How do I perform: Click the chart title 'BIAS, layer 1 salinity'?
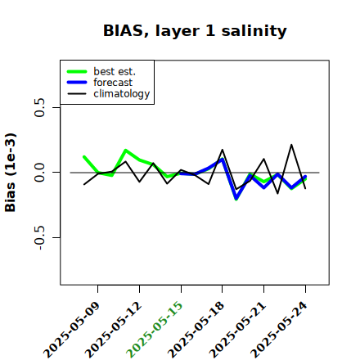click(x=195, y=31)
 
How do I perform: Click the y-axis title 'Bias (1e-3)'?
click(x=11, y=173)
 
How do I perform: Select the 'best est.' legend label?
click(x=115, y=71)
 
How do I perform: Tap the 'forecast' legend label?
click(x=113, y=83)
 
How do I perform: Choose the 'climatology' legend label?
click(x=122, y=94)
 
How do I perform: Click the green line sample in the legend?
click(x=77, y=71)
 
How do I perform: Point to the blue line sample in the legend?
click(x=77, y=83)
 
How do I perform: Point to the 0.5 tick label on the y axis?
click(x=40, y=107)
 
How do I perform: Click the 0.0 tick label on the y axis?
click(x=40, y=173)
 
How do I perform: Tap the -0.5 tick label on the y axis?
click(x=40, y=238)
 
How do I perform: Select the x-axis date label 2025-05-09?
click(x=71, y=330)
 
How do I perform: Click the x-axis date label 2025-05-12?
click(x=113, y=330)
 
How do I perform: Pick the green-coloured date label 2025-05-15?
click(x=155, y=330)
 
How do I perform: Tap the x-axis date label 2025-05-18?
click(x=196, y=330)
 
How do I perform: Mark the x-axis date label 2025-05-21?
click(x=237, y=330)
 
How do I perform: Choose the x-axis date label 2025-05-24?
click(x=279, y=330)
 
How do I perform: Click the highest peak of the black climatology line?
click(x=291, y=145)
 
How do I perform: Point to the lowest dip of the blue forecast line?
click(x=236, y=198)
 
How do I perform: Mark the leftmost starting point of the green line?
click(x=84, y=157)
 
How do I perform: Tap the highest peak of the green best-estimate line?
click(x=125, y=151)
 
